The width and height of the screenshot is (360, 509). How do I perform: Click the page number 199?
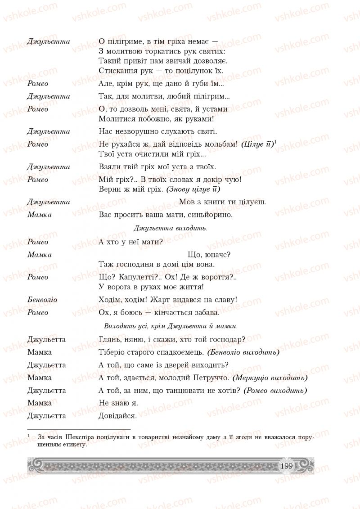click(x=286, y=465)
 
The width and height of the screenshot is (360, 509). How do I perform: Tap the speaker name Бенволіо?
click(x=42, y=300)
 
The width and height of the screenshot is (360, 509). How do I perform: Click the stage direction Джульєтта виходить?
click(x=171, y=228)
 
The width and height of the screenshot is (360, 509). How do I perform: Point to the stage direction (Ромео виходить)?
click(x=275, y=391)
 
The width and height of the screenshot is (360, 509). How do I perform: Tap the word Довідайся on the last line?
click(x=117, y=416)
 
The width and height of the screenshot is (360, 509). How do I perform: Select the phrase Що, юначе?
click(x=209, y=255)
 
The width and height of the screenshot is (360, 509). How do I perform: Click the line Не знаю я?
click(x=118, y=403)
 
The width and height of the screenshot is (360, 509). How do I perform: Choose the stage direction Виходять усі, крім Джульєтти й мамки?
click(x=171, y=325)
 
